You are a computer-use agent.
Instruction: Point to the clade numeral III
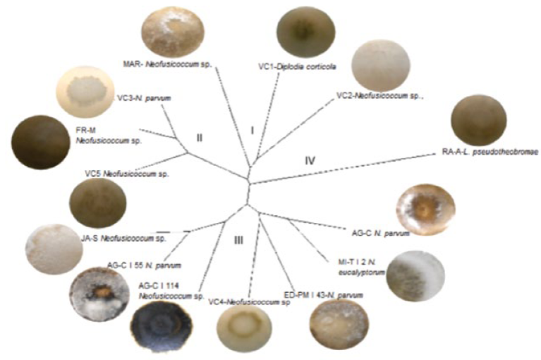pyautogui.click(x=238, y=240)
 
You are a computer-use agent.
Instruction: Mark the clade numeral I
pyautogui.click(x=251, y=131)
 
